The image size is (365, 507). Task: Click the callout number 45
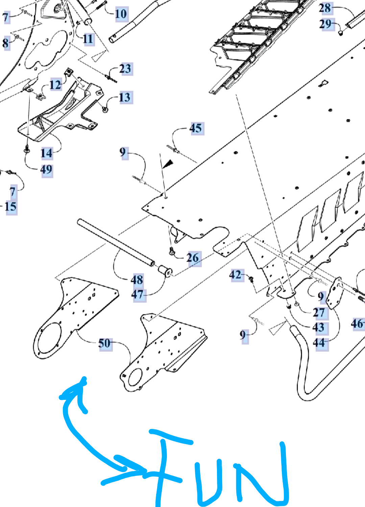pyautogui.click(x=196, y=128)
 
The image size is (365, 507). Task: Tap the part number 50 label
pyautogui.click(x=104, y=343)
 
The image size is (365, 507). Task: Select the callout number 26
pyautogui.click(x=193, y=258)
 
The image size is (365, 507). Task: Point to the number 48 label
pyautogui.click(x=137, y=280)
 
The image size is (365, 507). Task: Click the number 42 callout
pyautogui.click(x=235, y=275)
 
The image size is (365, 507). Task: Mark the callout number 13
pyautogui.click(x=125, y=97)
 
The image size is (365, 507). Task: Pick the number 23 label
pyautogui.click(x=125, y=69)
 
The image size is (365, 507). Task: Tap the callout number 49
pyautogui.click(x=46, y=169)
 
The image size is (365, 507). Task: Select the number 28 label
pyautogui.click(x=325, y=8)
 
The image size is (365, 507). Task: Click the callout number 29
pyautogui.click(x=325, y=24)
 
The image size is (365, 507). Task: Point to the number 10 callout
pyautogui.click(x=121, y=14)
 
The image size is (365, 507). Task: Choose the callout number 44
pyautogui.click(x=319, y=343)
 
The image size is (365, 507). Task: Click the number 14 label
pyautogui.click(x=46, y=153)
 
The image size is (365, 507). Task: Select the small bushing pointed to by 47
pyautogui.click(x=165, y=271)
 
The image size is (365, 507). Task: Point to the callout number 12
pyautogui.click(x=55, y=84)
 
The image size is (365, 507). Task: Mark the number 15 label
pyautogui.click(x=10, y=207)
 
